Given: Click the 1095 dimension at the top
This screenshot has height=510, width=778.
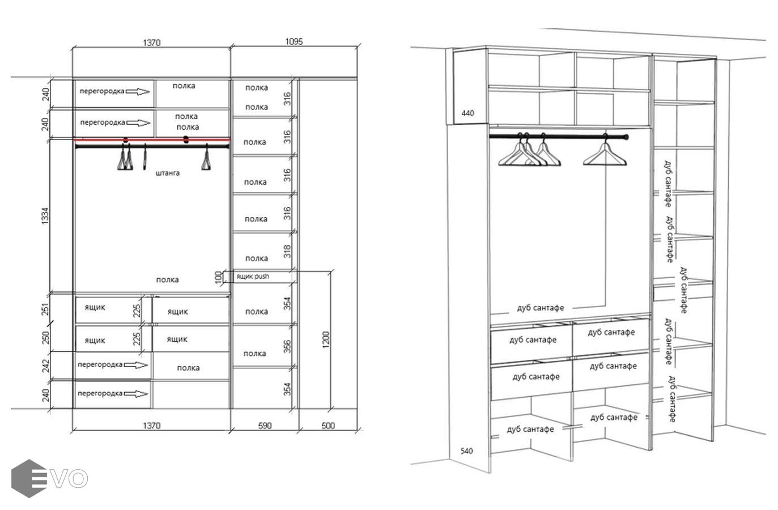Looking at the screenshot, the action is [x=294, y=42].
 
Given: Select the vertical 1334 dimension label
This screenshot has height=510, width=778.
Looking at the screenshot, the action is [x=45, y=216].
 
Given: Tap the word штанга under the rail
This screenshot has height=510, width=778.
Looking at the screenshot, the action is [x=167, y=173].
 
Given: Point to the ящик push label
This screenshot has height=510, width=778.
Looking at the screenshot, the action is [x=253, y=277].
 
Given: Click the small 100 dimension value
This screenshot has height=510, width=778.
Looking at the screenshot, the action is [x=219, y=277].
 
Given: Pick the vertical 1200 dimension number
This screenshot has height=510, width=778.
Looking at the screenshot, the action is [x=325, y=340].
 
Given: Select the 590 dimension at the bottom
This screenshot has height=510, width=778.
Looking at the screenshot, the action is [x=265, y=426].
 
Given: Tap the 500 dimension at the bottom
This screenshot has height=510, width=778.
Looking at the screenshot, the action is [x=328, y=426].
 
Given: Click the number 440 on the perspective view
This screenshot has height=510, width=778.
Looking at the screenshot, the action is [x=467, y=113].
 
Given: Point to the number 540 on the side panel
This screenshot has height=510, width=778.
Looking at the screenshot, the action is [x=467, y=451].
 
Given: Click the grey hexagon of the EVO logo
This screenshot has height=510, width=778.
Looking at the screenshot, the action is [x=29, y=478].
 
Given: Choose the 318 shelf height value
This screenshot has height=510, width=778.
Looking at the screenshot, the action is [x=287, y=251].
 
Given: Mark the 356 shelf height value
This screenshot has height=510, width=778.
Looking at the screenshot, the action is [x=287, y=346].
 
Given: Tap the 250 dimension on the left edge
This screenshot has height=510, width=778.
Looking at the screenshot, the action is [x=45, y=338].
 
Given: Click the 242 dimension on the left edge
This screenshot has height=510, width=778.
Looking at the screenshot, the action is [x=45, y=365].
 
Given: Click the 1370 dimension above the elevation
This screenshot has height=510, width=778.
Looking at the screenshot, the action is [x=152, y=42].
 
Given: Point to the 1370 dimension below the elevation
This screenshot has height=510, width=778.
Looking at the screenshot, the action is [x=152, y=426].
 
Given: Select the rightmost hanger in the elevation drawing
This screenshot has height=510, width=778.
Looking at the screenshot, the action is [x=206, y=158].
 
